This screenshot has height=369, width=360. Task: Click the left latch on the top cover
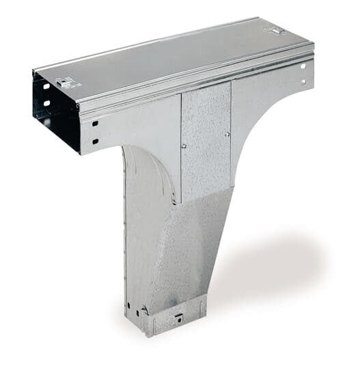point(66,83)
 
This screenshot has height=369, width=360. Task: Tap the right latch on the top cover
point(276,31)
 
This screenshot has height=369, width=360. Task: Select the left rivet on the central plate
point(184,146)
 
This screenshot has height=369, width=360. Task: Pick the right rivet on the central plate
point(227,135)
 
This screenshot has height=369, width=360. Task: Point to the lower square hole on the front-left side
point(95,141)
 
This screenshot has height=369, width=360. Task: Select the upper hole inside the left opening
point(46,87)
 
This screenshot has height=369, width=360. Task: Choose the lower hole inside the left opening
point(47,103)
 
